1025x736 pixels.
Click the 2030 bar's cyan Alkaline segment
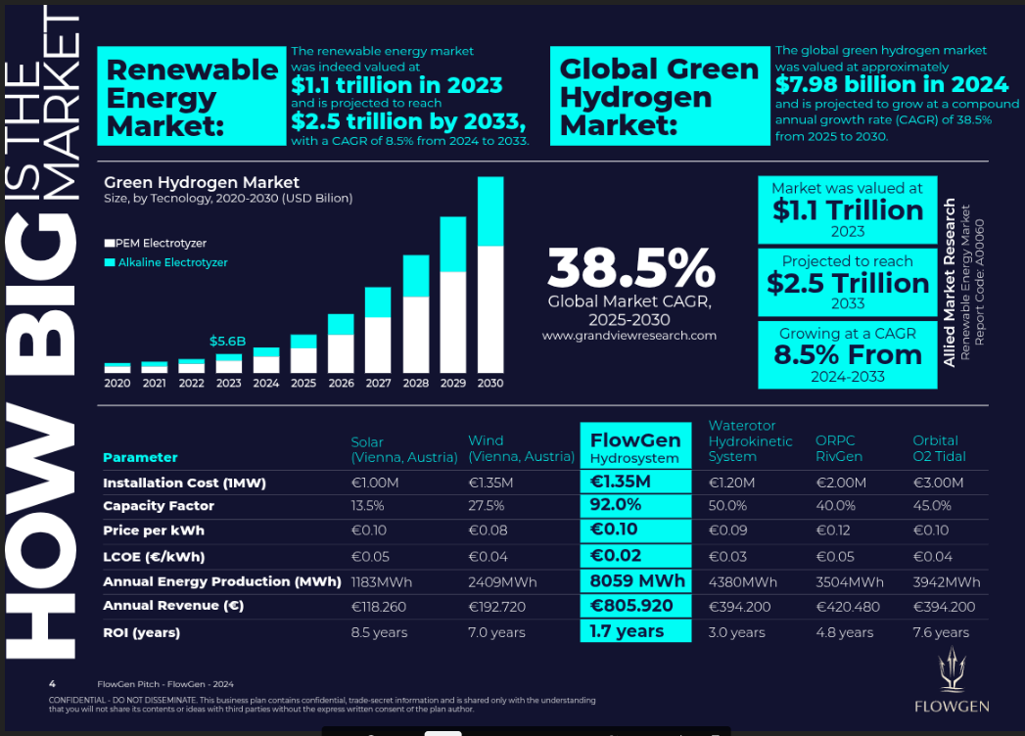(490, 210)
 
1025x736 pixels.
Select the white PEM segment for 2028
(416, 335)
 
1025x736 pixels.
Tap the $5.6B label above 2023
(227, 342)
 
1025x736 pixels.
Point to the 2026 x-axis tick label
(341, 384)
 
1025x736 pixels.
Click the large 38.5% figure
(631, 268)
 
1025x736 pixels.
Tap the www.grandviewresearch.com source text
(629, 336)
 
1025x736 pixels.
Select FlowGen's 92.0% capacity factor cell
(616, 506)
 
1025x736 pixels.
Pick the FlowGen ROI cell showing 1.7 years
(628, 631)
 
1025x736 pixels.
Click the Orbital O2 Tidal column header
(939, 448)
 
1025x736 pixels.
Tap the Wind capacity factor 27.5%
(487, 506)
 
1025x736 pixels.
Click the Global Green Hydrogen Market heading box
(659, 97)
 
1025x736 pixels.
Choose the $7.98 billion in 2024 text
(892, 84)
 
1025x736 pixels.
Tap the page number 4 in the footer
(52, 683)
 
